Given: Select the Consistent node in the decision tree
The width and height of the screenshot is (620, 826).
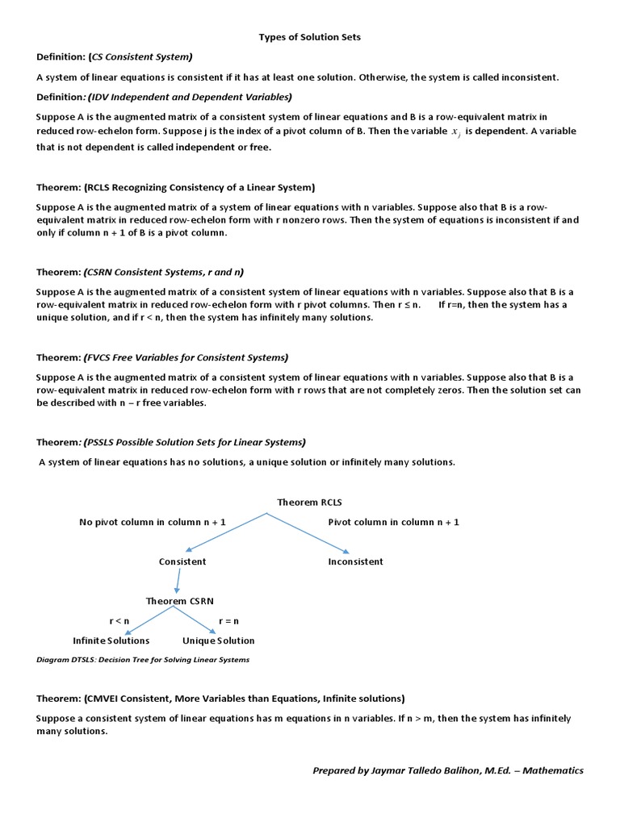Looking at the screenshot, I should click(182, 561).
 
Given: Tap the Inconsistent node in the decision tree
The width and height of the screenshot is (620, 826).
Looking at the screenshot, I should click(355, 561).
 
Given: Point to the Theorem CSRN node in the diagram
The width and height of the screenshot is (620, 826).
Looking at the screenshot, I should click(179, 601).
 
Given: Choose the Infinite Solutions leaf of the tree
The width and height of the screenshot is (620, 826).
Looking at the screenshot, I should click(111, 640).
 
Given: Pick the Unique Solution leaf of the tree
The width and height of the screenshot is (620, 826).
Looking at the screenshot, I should click(218, 640).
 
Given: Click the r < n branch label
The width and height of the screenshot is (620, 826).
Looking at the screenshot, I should click(119, 621).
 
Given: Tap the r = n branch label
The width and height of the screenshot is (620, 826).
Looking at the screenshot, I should click(229, 621).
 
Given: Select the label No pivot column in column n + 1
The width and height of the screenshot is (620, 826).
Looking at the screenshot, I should click(153, 523).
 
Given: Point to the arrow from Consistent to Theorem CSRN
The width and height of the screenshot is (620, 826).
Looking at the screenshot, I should click(179, 581).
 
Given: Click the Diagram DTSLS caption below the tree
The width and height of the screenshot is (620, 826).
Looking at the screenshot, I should click(143, 660).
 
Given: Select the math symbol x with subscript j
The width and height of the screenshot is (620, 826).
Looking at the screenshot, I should click(455, 132).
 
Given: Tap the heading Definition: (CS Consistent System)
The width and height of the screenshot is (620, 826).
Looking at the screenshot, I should click(115, 56).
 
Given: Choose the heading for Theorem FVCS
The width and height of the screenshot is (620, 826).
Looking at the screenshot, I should click(162, 357).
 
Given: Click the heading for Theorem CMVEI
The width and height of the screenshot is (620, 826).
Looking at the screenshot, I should click(220, 699).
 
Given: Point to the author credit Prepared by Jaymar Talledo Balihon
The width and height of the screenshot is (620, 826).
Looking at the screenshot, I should click(447, 770).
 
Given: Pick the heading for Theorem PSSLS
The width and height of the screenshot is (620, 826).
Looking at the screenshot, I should click(171, 442).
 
